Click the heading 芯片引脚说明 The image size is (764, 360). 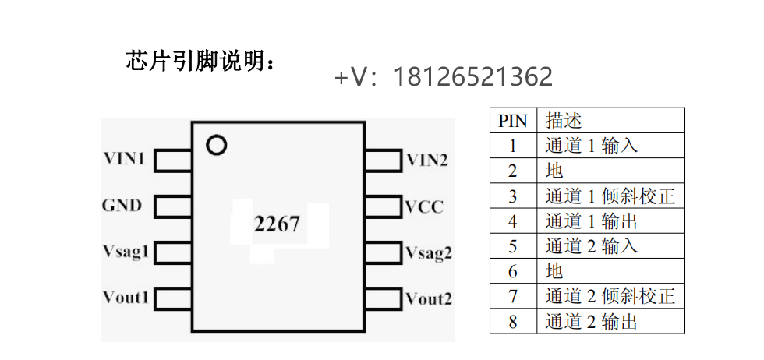click(200, 61)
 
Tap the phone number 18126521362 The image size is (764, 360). click(473, 76)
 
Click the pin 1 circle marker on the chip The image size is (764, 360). click(216, 145)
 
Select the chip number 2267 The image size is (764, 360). click(277, 224)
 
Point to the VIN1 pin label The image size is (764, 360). click(125, 159)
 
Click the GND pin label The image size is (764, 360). click(122, 206)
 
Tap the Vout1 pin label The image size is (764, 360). click(126, 298)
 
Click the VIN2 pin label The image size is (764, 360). click(427, 161)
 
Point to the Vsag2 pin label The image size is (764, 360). click(429, 252)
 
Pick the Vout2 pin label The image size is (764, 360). click(429, 298)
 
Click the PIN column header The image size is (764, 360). click(512, 121)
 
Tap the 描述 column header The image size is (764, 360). click(564, 121)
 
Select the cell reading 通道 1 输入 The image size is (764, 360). click(592, 146)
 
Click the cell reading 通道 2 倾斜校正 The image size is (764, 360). click(610, 296)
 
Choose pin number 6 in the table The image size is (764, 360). click(512, 271)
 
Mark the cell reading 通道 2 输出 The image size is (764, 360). click(592, 321)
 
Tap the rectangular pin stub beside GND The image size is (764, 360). click(173, 206)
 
